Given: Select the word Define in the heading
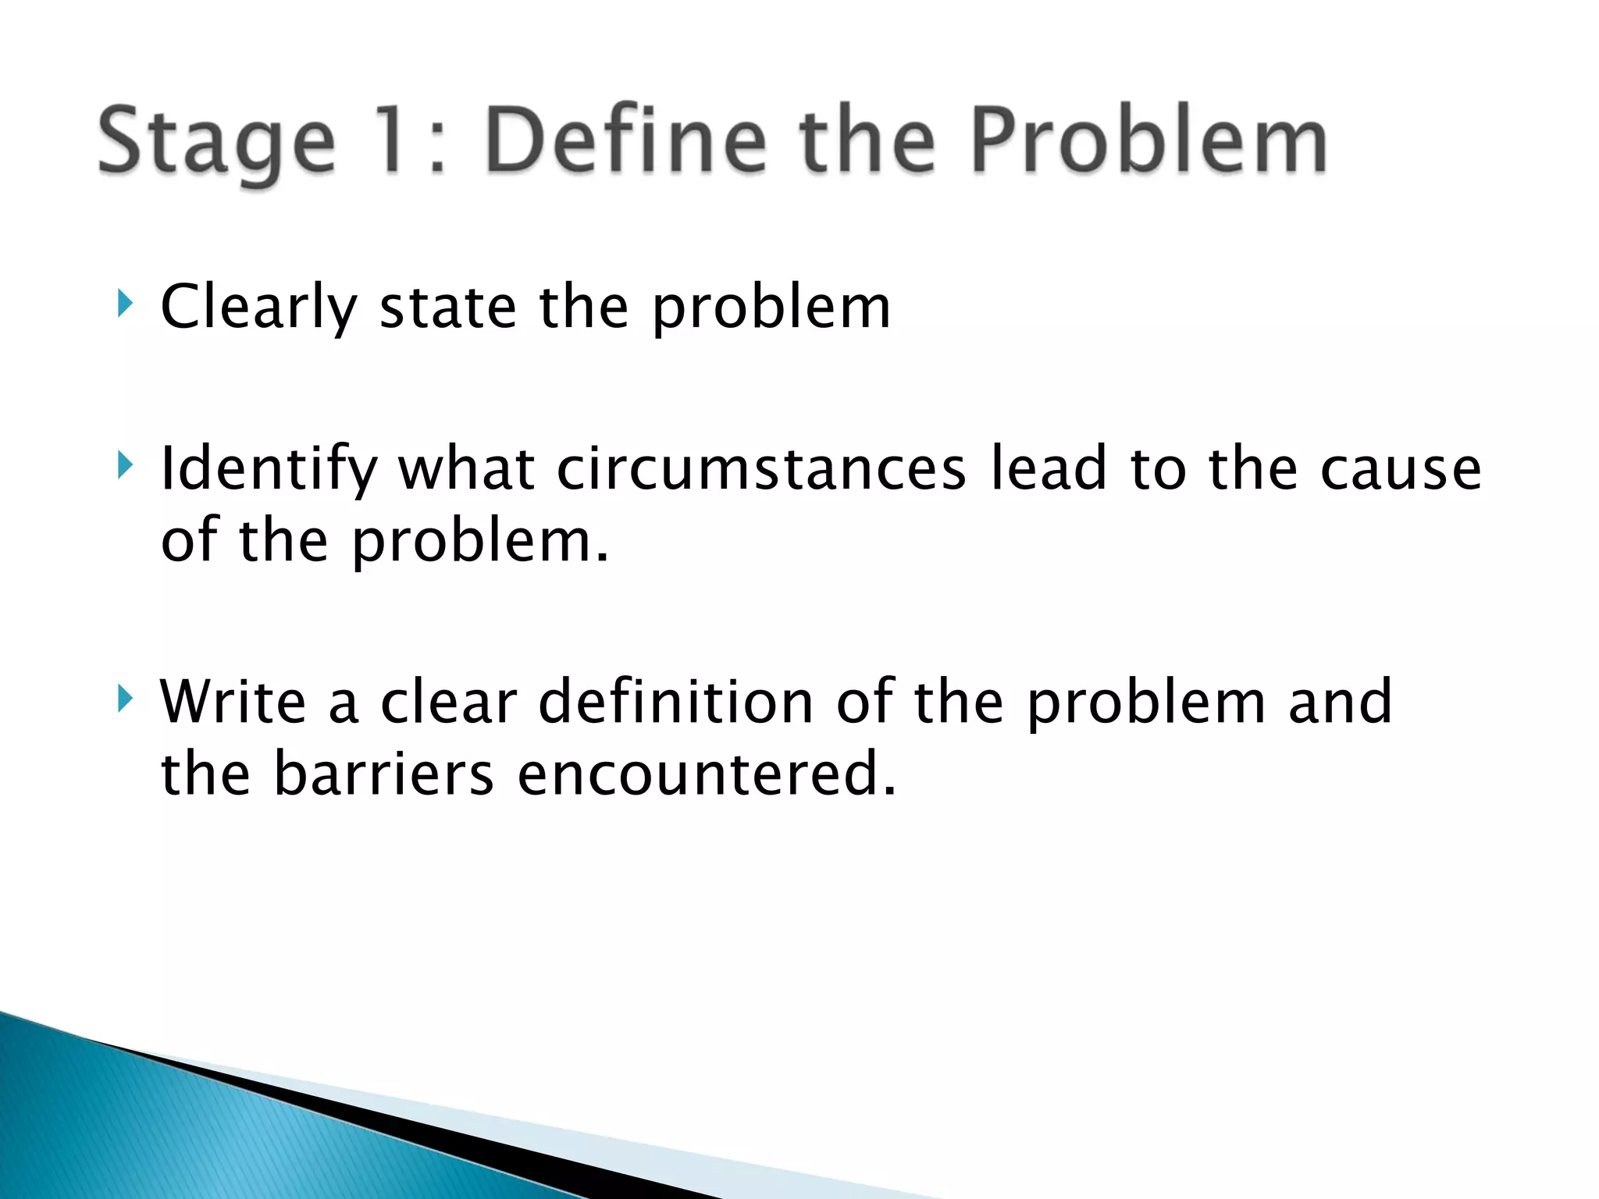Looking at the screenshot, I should click(x=625, y=141).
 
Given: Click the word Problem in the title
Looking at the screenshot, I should click(x=1148, y=141).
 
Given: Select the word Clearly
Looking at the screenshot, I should click(x=258, y=308).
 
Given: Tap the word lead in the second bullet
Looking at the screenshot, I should click(x=1049, y=468).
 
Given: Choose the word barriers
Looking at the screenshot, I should click(x=383, y=774).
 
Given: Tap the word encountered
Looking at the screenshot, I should click(x=706, y=774).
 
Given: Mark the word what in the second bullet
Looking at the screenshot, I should click(x=466, y=468).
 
